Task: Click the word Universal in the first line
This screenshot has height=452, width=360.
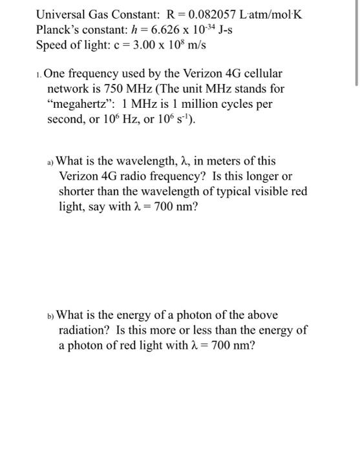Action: click(62, 14)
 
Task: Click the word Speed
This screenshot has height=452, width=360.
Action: click(52, 46)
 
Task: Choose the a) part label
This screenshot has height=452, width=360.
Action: click(50, 162)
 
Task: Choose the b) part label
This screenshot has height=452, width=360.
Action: click(51, 316)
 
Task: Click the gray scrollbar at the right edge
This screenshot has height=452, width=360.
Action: click(356, 42)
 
